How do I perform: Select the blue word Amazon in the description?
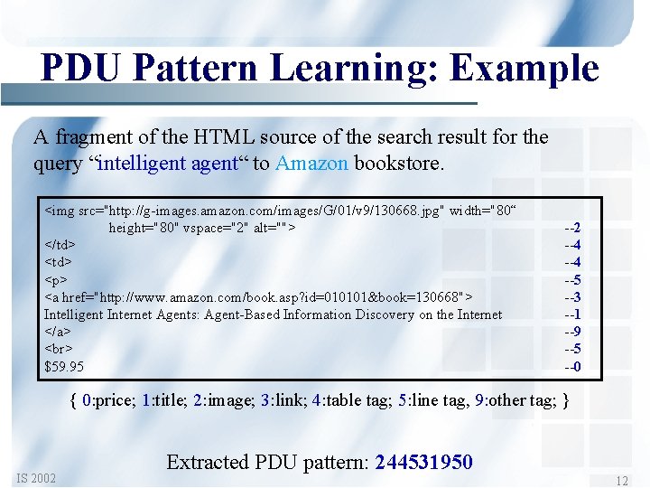[311, 164]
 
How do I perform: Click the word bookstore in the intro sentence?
[396, 164]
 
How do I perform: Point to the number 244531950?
[423, 462]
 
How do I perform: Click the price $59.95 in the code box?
[64, 366]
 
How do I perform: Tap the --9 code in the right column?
[572, 332]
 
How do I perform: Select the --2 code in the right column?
[572, 228]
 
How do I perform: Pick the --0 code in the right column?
[572, 366]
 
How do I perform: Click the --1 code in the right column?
[572, 314]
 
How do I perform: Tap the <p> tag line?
[55, 279]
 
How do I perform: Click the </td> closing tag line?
[60, 245]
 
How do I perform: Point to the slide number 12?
[621, 482]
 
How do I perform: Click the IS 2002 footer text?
[36, 477]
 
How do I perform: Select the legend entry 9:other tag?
[515, 400]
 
